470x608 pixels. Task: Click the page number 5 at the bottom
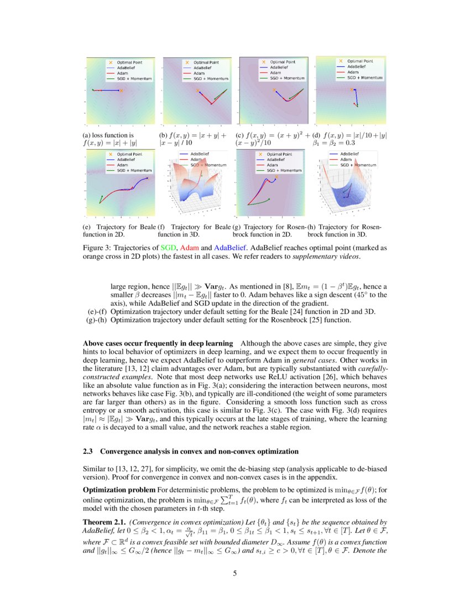(x=235, y=573)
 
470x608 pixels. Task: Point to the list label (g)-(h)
(x=96, y=320)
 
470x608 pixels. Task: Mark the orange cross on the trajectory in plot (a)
(x=121, y=90)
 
